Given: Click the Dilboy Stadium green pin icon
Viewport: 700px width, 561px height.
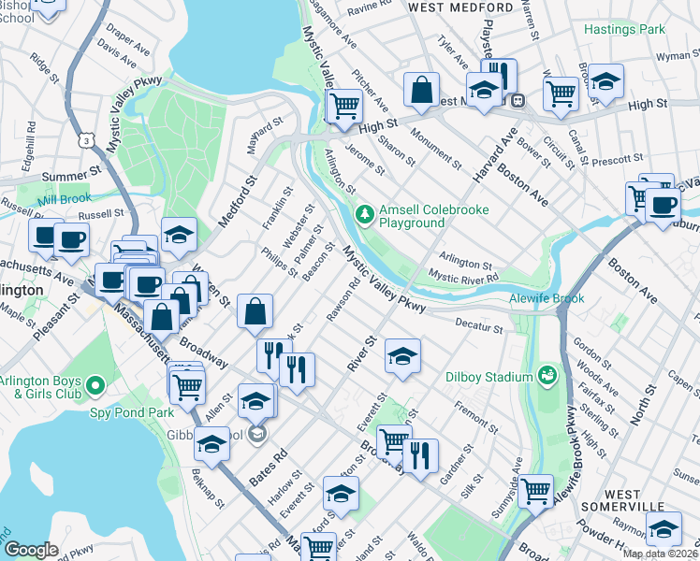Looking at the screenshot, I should click(x=547, y=376).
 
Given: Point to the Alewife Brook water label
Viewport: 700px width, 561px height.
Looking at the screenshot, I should click(x=547, y=298).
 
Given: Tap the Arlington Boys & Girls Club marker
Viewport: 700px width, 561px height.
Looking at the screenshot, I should click(x=95, y=385).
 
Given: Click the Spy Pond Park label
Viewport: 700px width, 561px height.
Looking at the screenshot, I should click(x=132, y=411).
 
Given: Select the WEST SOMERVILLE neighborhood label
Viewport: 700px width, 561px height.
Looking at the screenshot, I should click(x=636, y=501).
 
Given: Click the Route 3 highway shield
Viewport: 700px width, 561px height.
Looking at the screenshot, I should click(x=86, y=140).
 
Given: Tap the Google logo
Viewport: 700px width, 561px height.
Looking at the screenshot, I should click(x=31, y=550).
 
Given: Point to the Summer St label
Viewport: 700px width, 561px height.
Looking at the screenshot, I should click(x=70, y=175).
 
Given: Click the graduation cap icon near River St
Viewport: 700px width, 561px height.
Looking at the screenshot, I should click(x=402, y=356).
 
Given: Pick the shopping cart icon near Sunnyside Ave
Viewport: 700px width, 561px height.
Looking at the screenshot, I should click(x=535, y=489).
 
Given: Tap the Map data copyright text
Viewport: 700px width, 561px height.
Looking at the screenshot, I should click(x=659, y=554).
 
